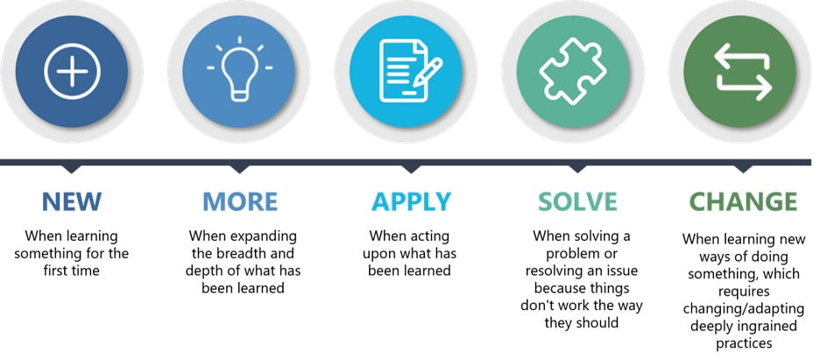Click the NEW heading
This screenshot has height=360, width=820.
[x=72, y=201]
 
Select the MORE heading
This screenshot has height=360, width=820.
[x=240, y=201]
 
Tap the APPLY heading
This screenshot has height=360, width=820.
[x=411, y=201]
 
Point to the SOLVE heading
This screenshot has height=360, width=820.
[x=578, y=201]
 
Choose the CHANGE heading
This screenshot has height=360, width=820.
[x=743, y=201]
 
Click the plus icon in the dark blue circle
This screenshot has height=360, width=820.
[x=72, y=72]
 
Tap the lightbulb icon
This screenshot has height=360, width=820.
[x=239, y=69]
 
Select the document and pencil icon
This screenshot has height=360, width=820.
[x=411, y=71]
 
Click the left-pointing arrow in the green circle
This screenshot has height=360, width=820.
[x=741, y=58]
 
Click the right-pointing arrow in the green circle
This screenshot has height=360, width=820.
[x=744, y=86]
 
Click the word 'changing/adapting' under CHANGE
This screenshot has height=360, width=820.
[x=743, y=309]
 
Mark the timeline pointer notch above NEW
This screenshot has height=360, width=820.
[x=72, y=169]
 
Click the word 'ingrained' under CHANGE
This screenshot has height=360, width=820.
[x=769, y=326]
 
